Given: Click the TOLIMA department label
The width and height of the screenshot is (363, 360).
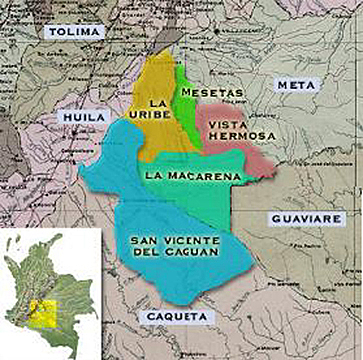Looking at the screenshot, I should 74,32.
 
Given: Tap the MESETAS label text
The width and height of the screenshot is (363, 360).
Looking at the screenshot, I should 207,92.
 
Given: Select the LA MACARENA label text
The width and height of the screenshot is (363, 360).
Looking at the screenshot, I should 192,176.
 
